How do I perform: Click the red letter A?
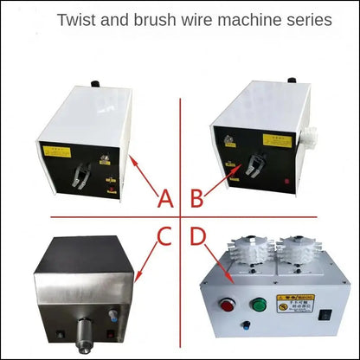164,199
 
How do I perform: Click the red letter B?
196,199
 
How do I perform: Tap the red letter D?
198,235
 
